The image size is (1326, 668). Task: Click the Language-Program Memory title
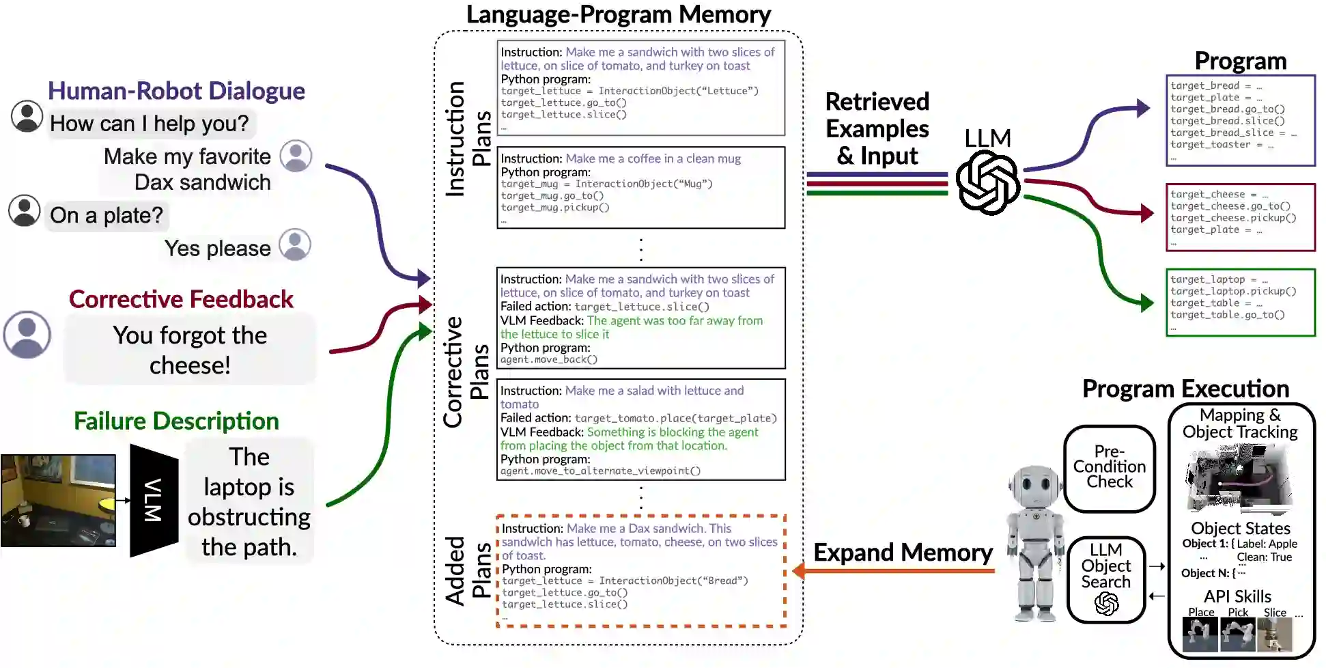(x=618, y=15)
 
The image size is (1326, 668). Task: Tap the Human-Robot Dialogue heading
(x=176, y=91)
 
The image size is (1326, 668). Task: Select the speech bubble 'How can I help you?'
(x=150, y=124)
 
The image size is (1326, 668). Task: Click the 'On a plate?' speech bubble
(x=107, y=216)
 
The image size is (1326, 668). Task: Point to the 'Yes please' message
(x=217, y=249)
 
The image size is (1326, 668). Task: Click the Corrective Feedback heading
(x=181, y=299)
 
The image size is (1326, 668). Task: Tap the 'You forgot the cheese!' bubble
(x=190, y=350)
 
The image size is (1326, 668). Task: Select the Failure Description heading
(x=176, y=421)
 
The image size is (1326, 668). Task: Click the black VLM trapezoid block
(x=154, y=500)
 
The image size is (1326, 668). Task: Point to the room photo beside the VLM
(x=58, y=500)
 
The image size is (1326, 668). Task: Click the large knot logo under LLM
(x=987, y=183)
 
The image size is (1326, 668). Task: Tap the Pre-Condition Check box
(x=1110, y=467)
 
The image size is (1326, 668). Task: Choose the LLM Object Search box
(x=1106, y=579)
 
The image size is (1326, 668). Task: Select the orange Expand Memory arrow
(x=894, y=570)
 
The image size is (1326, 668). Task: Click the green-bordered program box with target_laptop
(x=1240, y=302)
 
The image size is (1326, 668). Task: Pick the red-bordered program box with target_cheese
(x=1240, y=217)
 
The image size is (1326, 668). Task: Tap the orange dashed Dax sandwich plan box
(x=641, y=570)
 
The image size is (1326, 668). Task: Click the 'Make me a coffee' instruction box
(x=640, y=187)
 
